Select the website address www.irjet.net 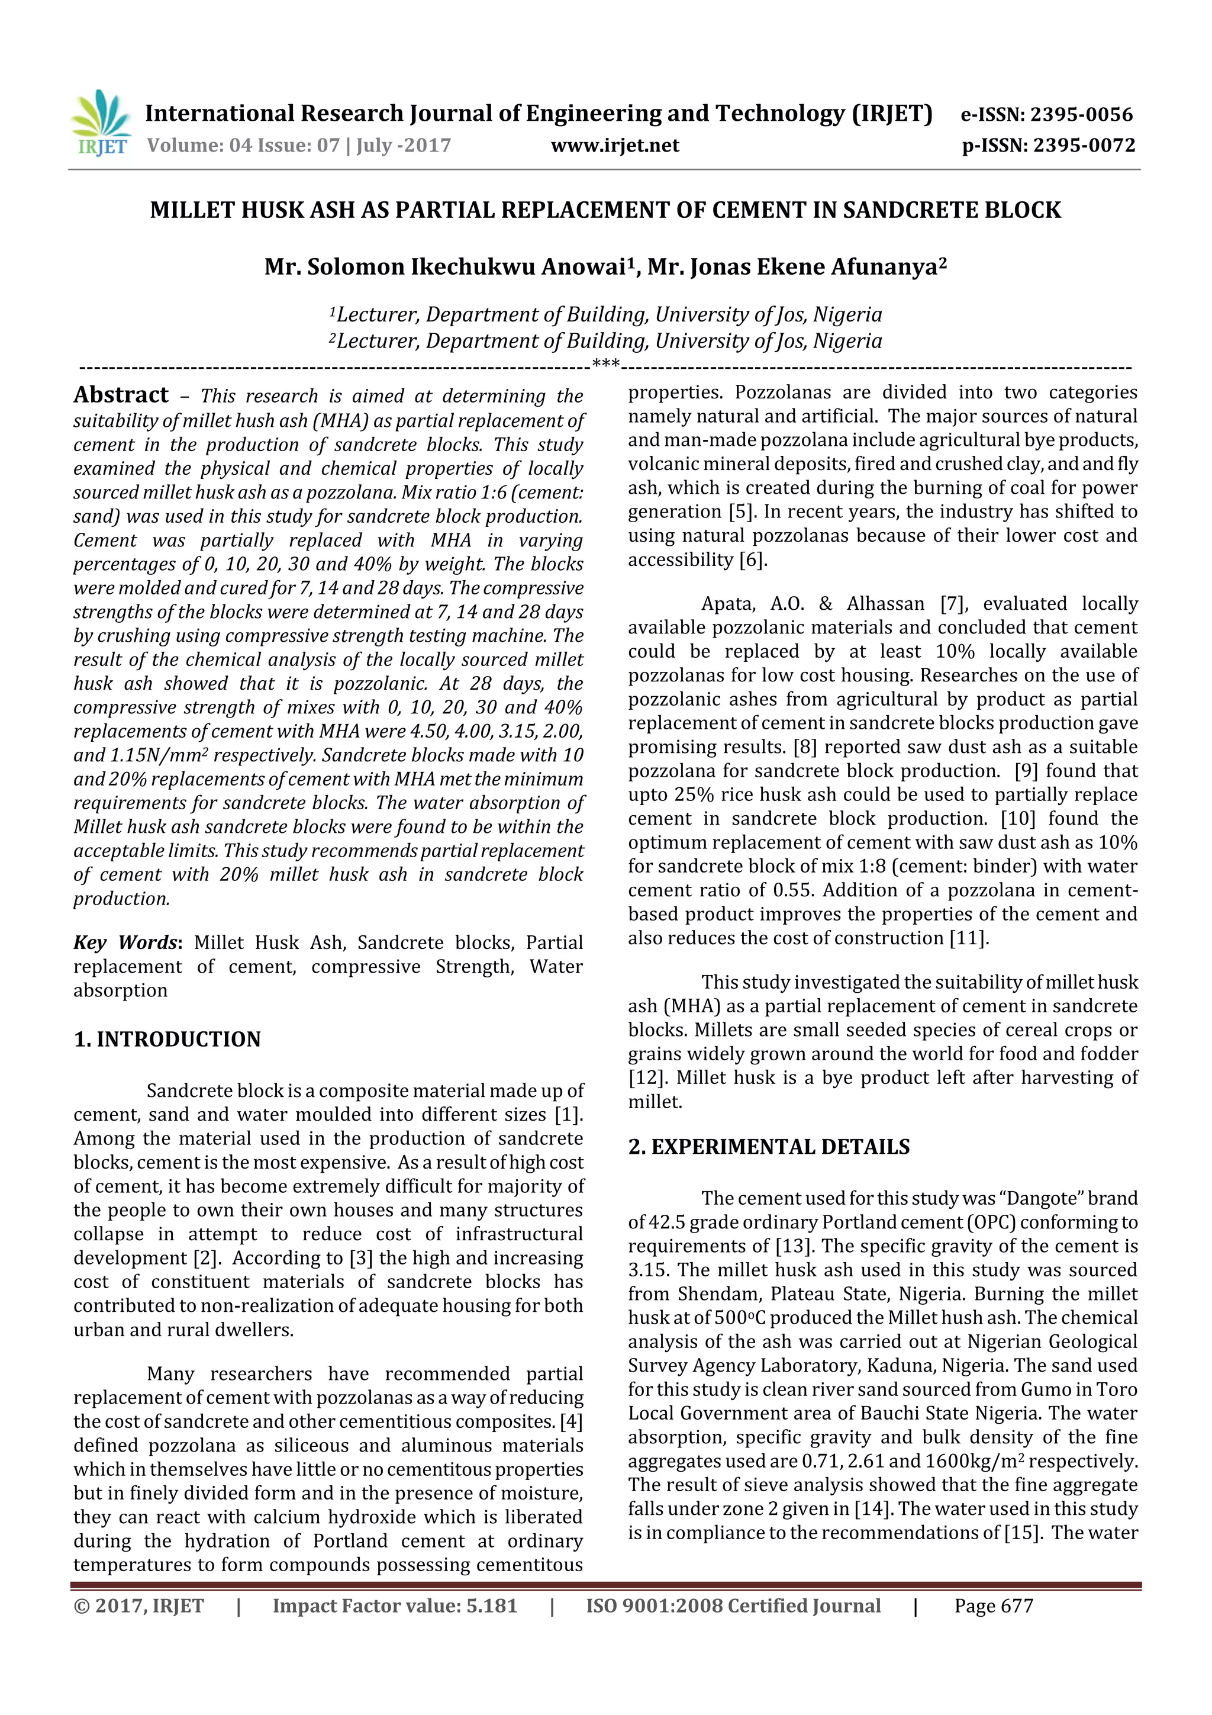point(615,146)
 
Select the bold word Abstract point(121,395)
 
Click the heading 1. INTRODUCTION point(167,1039)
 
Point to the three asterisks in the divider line point(605,365)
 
